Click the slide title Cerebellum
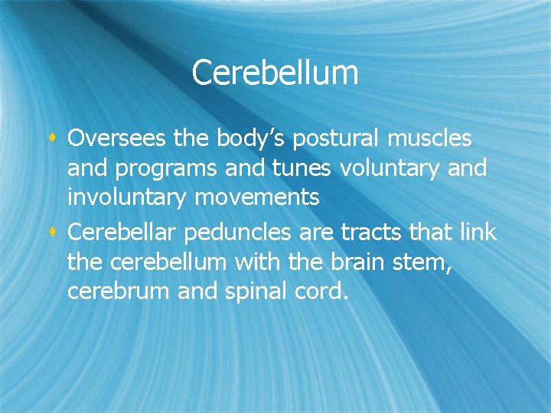[275, 73]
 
